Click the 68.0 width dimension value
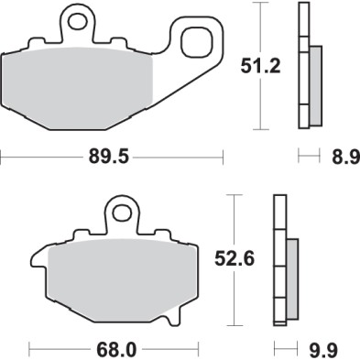111,348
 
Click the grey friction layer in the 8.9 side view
314,88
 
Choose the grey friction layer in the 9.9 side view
291,280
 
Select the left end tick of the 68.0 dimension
30,348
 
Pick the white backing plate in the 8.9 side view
304,69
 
